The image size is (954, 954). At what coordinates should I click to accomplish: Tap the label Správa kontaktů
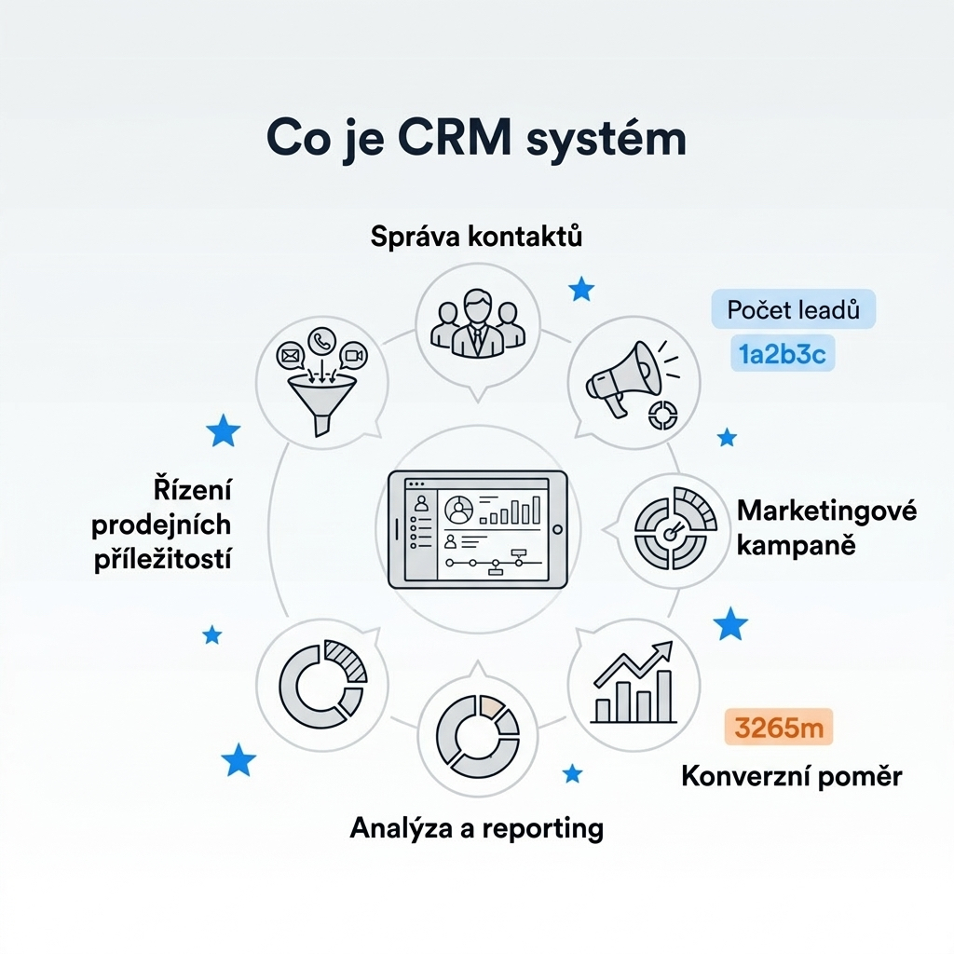point(476,237)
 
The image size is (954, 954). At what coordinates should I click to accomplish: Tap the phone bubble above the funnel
point(323,341)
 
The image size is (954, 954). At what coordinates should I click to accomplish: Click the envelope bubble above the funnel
point(291,355)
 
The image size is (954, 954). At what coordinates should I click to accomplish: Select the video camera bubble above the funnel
point(353,355)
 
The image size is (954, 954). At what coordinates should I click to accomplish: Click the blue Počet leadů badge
point(794,309)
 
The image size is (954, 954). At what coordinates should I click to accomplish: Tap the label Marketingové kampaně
point(826,526)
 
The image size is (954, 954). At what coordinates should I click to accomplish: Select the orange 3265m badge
point(779,728)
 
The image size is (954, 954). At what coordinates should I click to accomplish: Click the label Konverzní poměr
point(792,775)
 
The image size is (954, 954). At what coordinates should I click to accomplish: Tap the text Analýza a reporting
point(476,827)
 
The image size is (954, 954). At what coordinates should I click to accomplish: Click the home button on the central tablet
point(558,529)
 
